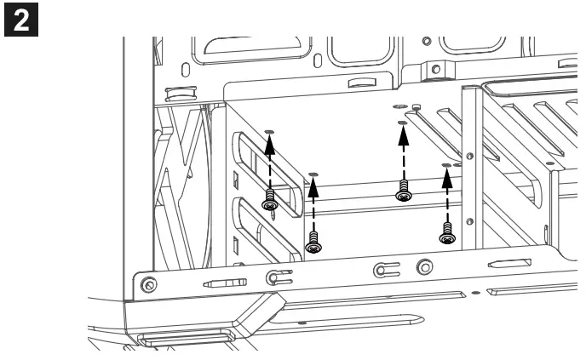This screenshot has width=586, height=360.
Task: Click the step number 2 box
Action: pos(17,16)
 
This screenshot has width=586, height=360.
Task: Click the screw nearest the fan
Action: pos(270,203)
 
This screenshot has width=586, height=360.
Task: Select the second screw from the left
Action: pos(313,243)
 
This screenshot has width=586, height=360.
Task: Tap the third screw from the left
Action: pos(403,193)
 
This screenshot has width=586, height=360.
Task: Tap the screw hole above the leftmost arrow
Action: pos(270,131)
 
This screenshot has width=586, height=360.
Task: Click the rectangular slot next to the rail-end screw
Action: pos(225,282)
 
